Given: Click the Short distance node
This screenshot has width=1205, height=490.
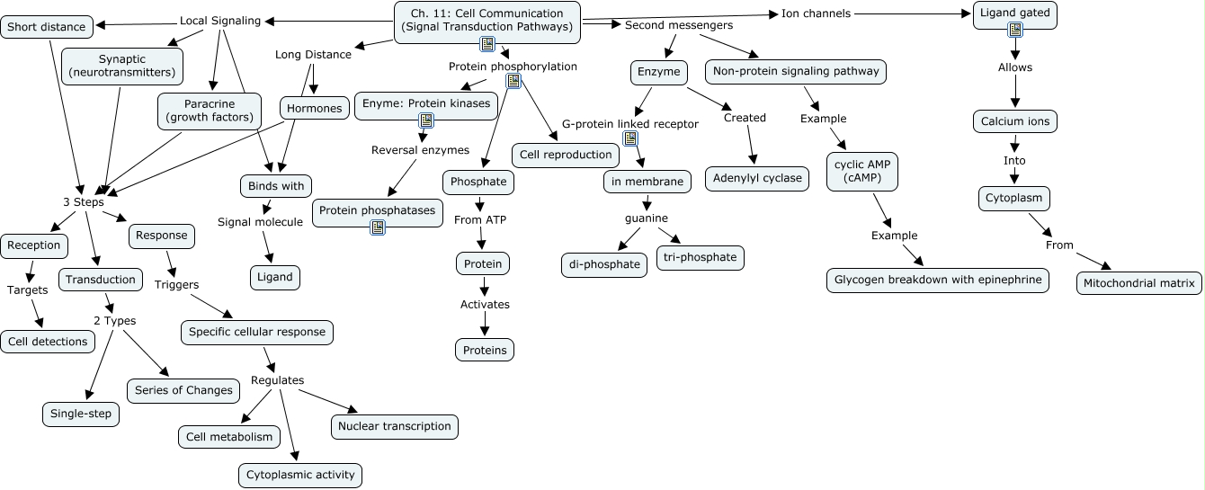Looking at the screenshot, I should [47, 27].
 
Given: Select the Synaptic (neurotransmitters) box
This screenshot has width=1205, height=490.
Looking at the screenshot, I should [122, 66].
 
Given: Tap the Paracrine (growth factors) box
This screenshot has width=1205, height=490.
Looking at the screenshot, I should [209, 111].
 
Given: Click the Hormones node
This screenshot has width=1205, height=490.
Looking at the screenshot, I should [314, 109].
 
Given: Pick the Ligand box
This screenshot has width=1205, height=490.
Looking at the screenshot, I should [275, 277].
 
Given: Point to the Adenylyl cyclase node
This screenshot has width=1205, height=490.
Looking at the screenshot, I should [757, 178].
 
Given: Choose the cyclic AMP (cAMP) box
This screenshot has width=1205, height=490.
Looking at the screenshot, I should [862, 172].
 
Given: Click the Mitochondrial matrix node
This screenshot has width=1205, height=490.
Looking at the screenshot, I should [1139, 283].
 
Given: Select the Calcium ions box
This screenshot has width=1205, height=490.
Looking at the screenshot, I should [1015, 121].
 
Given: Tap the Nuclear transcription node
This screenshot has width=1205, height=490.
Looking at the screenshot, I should [395, 426].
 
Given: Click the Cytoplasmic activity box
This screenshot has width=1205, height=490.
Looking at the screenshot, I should [300, 475].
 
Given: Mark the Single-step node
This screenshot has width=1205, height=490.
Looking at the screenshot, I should [81, 414].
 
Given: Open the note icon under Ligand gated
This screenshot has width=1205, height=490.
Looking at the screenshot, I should [1015, 31].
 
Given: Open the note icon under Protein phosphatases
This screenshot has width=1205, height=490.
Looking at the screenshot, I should [378, 227].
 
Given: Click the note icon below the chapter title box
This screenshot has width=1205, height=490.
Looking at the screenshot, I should [487, 44].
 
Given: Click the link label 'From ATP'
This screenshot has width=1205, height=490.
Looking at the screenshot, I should [479, 219].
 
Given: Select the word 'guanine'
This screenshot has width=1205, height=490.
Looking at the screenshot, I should [647, 218].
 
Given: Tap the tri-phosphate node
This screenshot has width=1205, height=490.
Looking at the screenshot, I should [701, 257].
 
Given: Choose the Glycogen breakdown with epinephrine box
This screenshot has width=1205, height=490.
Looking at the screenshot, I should [937, 280].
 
